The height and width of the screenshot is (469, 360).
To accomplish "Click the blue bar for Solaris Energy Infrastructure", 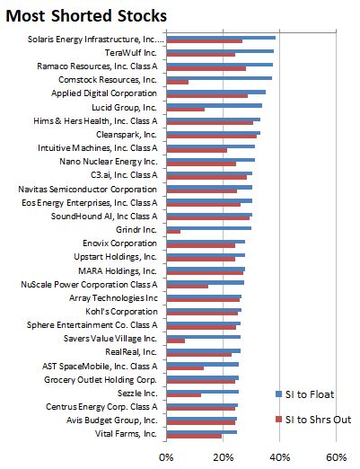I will point(221,38).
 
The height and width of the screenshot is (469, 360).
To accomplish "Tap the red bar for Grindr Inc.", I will point(173,231).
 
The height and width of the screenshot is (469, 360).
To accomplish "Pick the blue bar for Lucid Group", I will point(214,105).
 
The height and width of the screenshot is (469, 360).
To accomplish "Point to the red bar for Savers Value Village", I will point(176,341).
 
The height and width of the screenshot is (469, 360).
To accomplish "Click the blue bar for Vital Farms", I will point(202,431).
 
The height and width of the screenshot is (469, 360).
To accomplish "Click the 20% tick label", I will point(223,458).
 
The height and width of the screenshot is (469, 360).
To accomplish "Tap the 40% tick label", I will point(280,458).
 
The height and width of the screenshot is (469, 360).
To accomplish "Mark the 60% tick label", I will point(337,458).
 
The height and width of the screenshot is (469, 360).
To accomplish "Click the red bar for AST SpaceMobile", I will point(185,367).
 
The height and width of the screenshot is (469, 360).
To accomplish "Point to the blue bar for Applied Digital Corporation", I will point(215,92).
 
